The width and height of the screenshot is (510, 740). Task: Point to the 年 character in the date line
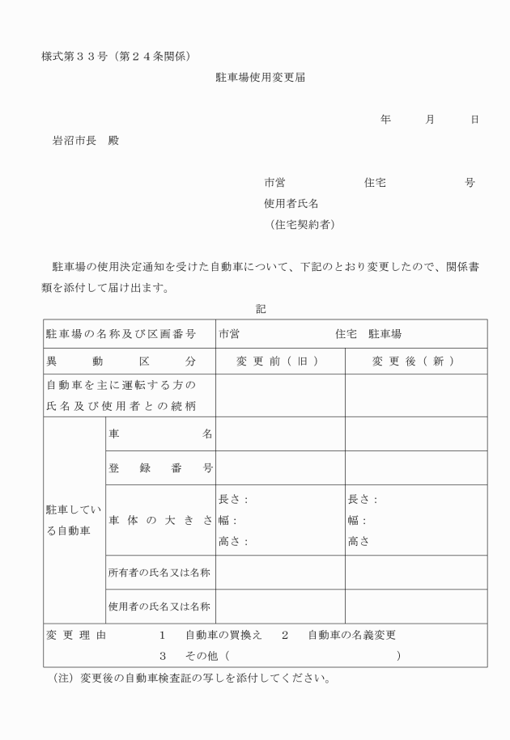(386, 119)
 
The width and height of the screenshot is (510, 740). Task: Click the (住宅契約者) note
(302, 224)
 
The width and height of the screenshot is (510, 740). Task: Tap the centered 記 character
(260, 308)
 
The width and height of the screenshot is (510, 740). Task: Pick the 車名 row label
(159, 433)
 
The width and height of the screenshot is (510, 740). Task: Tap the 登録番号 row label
(159, 467)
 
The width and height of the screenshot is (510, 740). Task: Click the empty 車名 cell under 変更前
(280, 433)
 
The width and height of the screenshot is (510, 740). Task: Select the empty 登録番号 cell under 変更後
(415, 467)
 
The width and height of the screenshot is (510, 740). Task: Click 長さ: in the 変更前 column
(233, 500)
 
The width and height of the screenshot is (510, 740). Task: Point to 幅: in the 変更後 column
(357, 521)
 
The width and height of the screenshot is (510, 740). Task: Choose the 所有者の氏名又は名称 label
(159, 572)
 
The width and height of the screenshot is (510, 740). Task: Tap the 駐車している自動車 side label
(73, 519)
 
